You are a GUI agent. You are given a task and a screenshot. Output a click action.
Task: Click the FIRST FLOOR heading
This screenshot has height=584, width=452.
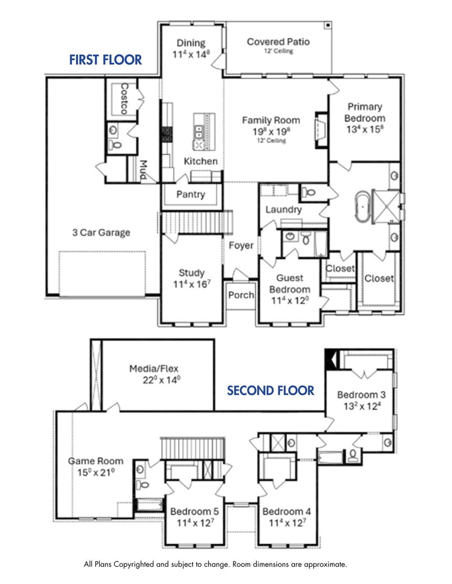(x=105, y=60)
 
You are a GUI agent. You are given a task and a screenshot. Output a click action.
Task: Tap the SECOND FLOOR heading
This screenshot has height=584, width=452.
(x=270, y=391)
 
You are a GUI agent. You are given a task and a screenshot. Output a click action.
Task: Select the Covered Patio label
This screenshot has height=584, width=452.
(x=278, y=42)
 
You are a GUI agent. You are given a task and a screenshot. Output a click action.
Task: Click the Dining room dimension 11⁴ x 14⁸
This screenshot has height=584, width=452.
(x=191, y=55)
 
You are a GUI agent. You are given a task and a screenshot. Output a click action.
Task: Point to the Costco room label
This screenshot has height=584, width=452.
(x=124, y=98)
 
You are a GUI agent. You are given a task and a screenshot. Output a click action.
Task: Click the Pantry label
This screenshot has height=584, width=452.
(x=191, y=194)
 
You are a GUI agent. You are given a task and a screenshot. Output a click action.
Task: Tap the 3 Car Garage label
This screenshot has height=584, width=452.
(x=101, y=233)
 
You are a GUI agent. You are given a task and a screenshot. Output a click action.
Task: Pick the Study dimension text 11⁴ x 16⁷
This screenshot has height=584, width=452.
(x=192, y=284)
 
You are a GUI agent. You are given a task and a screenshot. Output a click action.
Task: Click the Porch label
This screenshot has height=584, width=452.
(x=241, y=295)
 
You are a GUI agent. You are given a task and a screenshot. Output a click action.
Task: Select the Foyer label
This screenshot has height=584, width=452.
(x=241, y=245)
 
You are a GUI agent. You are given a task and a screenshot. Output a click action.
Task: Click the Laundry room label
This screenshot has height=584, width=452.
(x=284, y=209)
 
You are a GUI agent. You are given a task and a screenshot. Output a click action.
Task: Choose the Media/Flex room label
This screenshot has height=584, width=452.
(x=154, y=369)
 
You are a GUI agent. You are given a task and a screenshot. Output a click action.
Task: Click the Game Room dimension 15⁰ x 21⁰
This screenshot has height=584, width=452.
(x=96, y=473)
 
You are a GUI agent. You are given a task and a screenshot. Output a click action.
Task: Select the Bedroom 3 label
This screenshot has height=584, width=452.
(x=361, y=395)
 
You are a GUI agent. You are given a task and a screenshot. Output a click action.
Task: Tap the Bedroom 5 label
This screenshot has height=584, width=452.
(x=195, y=511)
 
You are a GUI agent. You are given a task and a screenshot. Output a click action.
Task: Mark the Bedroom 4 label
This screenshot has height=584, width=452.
(x=287, y=511)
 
